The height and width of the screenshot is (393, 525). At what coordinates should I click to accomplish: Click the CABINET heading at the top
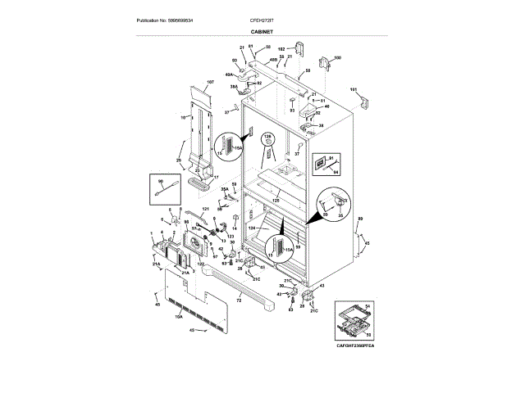click(x=262, y=31)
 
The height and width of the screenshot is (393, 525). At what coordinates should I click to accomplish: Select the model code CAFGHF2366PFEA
click(x=355, y=346)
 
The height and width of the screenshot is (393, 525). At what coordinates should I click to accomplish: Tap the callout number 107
click(x=209, y=82)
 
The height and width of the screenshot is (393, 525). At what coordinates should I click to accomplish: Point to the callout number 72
click(x=239, y=301)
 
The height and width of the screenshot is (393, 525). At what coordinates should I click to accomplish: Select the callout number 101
click(x=354, y=88)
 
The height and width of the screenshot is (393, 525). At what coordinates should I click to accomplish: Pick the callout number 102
click(x=281, y=49)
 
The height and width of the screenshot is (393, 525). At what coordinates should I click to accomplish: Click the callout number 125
click(x=276, y=201)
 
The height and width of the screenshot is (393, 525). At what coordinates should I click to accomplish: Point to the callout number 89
click(x=359, y=219)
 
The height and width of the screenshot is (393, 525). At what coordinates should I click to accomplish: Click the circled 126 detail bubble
click(x=267, y=147)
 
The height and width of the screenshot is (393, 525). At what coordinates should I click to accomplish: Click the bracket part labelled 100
click(x=324, y=64)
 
